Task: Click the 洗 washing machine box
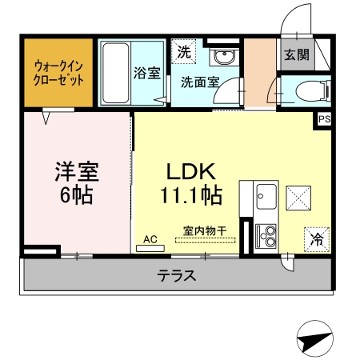pos(185,54)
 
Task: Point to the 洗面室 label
pos(196,81)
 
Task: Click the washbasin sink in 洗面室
pos(222,56)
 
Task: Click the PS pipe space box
pos(324,119)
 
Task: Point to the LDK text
pos(188,172)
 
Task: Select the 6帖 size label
pos(76,197)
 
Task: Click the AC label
pos(150,238)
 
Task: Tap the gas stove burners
pos(266,234)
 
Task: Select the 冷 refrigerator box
pos(317,238)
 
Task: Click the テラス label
pos(177,276)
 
